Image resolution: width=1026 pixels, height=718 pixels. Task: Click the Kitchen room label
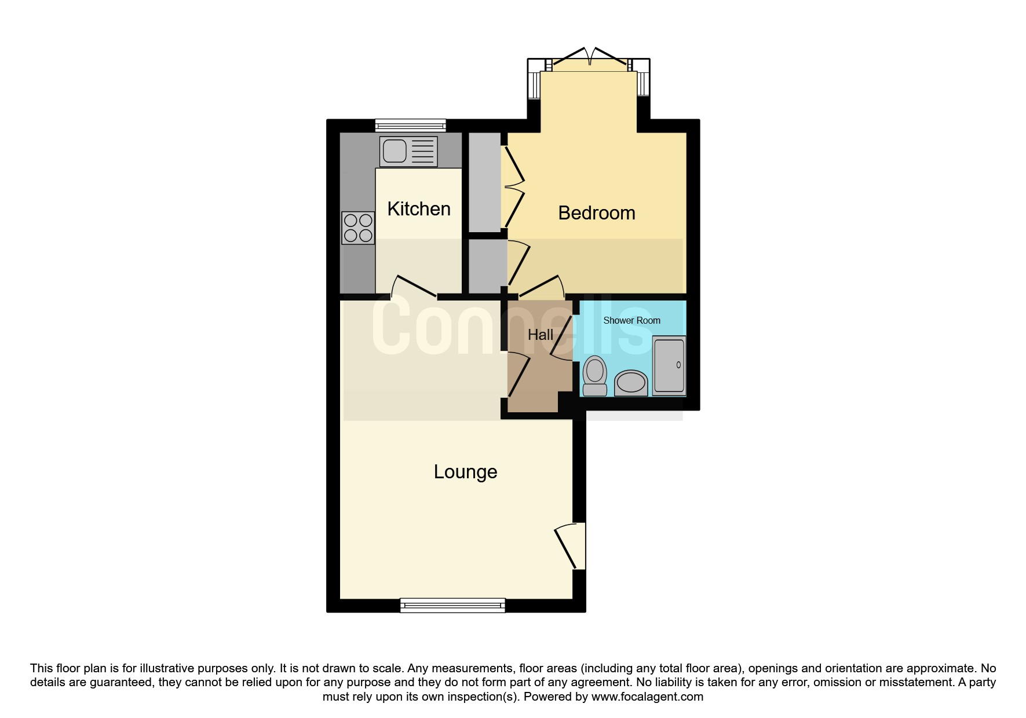point(419,209)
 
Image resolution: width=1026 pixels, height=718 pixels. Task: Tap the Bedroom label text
point(596,213)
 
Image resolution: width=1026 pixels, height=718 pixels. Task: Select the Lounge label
point(465,472)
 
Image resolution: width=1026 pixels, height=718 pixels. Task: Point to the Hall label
point(540,335)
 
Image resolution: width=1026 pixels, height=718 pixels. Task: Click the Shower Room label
point(631,320)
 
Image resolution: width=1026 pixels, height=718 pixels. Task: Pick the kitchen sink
point(408,151)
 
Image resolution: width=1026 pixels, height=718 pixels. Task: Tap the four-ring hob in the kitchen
point(358,228)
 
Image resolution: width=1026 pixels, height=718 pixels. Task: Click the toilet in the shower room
point(594,376)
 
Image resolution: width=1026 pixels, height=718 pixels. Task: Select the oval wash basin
point(630,383)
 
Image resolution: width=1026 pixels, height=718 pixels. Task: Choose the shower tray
point(669,366)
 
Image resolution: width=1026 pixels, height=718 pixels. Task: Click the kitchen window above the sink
point(410,125)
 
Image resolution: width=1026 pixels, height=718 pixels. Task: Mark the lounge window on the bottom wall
point(452,606)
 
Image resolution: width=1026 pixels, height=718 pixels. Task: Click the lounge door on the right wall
point(569,545)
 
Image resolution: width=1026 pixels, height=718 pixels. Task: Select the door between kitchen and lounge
point(415,287)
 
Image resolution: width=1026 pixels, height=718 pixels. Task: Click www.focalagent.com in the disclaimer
point(647,697)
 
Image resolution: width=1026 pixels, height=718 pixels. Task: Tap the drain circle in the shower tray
point(678,365)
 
